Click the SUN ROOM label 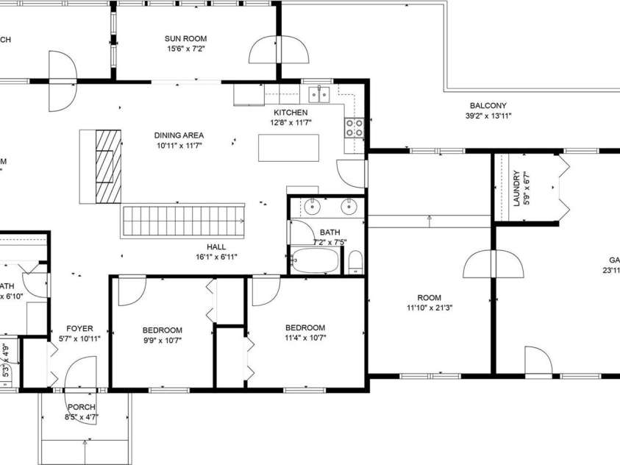click(x=185, y=38)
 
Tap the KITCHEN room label click(x=291, y=113)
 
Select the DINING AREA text click(x=179, y=135)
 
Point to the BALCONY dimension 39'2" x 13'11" click(x=488, y=116)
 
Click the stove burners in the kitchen click(x=354, y=128)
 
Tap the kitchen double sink click(x=320, y=93)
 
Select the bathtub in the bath click(x=316, y=260)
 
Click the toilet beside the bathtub click(x=355, y=261)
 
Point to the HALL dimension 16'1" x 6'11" click(x=216, y=257)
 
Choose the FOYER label click(x=79, y=329)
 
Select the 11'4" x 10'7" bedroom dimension click(x=305, y=338)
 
